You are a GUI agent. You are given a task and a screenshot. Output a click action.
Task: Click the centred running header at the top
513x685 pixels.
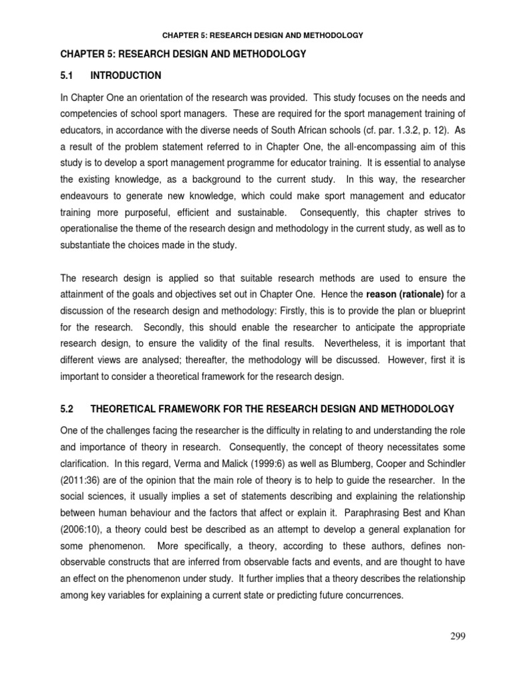pyautogui.click(x=256, y=35)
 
